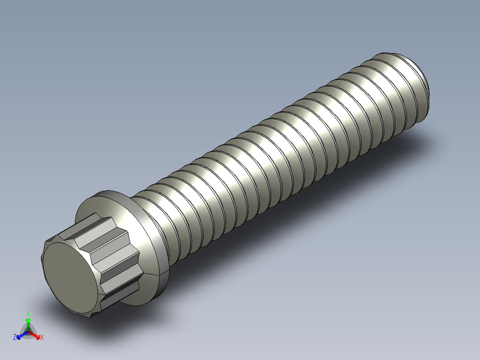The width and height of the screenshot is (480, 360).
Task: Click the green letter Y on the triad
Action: (x=28, y=313)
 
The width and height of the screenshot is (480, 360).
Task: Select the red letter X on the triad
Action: (x=41, y=338)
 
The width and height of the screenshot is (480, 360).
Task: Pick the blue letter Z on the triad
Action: (x=15, y=338)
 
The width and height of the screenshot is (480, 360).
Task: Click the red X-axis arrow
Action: (x=36, y=335)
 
